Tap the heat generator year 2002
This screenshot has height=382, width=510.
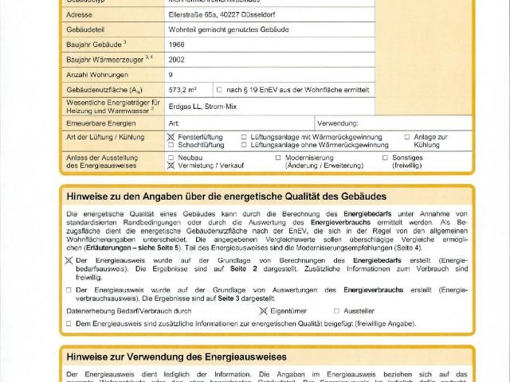pyautogui.click(x=177, y=59)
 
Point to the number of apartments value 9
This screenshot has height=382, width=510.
pyautogui.click(x=171, y=74)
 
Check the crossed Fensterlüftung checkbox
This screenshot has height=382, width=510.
pyautogui.click(x=171, y=138)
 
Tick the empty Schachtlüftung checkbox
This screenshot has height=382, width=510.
pyautogui.click(x=171, y=146)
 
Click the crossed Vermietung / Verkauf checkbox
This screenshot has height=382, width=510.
pyautogui.click(x=171, y=166)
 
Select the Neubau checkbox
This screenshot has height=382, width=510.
pyautogui.click(x=171, y=158)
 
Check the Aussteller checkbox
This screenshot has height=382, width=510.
pyautogui.click(x=336, y=310)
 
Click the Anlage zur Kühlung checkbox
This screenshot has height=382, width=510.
pyautogui.click(x=407, y=138)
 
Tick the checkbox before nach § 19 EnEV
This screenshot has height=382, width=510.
pyautogui.click(x=219, y=90)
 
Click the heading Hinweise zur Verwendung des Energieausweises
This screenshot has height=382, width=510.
pyautogui.click(x=176, y=357)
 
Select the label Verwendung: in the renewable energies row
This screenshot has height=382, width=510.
pyautogui.click(x=338, y=123)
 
